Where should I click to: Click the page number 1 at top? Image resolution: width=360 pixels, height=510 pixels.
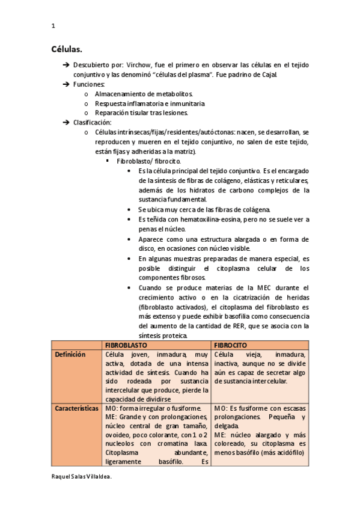(x=53, y=26)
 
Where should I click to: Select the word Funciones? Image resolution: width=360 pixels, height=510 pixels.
(x=89, y=84)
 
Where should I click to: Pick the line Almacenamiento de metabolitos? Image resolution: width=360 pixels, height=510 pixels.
(x=144, y=94)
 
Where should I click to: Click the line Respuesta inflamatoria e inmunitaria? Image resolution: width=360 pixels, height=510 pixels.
(x=150, y=103)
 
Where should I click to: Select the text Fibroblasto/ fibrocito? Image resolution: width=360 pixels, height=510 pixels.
(x=148, y=161)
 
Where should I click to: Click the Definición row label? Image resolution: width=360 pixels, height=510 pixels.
(x=70, y=355)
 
